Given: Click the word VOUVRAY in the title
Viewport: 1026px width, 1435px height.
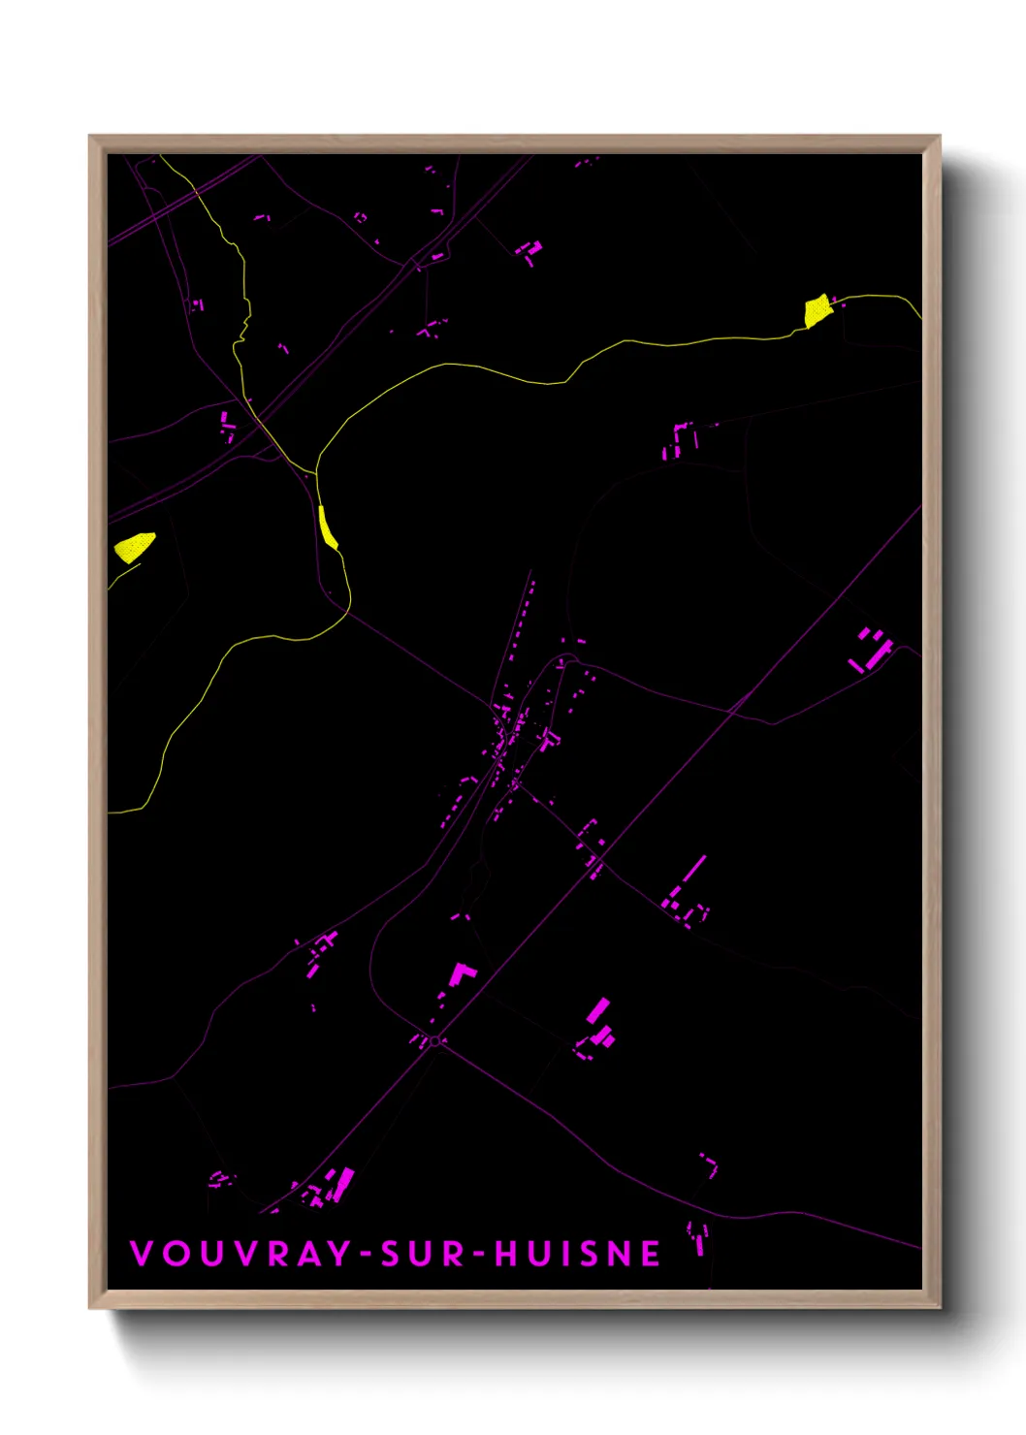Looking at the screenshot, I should (240, 1254).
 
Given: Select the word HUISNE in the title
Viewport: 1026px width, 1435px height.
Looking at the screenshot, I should (578, 1254).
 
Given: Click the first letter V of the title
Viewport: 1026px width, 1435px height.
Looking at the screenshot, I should (142, 1254).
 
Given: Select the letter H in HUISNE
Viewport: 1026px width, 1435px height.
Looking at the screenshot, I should (507, 1254).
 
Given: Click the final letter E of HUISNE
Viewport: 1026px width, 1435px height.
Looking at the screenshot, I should (652, 1254).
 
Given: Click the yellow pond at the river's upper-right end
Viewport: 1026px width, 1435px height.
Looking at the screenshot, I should (818, 310).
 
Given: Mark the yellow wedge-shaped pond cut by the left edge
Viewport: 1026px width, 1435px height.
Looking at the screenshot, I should (133, 547).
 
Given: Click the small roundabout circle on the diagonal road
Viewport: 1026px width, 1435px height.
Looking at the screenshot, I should (435, 1041).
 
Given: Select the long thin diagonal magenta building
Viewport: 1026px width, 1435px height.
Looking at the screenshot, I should (694, 869).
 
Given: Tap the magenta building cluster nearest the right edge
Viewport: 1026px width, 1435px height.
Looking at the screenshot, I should (873, 650).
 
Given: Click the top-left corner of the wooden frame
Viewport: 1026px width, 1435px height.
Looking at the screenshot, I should (90, 138).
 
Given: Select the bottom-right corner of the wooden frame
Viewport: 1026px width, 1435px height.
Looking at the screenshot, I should (939, 1307).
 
